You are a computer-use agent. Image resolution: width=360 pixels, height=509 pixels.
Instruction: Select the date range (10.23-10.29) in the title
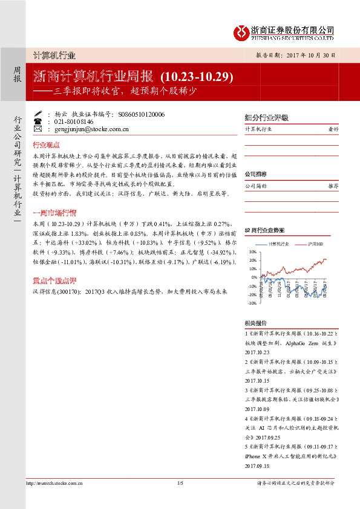[197, 77]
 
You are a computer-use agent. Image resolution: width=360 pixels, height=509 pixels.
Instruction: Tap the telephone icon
[38, 122]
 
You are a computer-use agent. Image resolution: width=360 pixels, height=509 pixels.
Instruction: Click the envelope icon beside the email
[38, 129]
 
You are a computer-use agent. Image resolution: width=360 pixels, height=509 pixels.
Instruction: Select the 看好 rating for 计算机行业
[333, 129]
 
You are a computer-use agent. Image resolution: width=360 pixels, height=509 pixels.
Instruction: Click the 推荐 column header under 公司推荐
[333, 187]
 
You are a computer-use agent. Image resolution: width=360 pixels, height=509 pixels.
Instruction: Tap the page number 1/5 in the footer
[180, 482]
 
